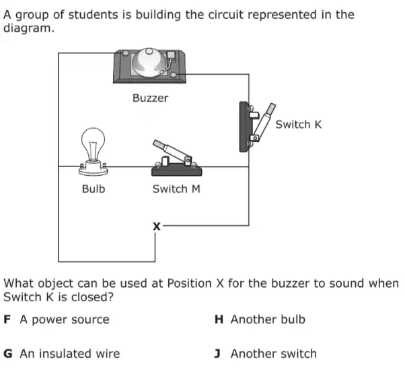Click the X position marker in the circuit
(x=157, y=226)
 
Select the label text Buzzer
(x=150, y=98)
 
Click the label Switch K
(x=299, y=125)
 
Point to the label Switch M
(x=176, y=189)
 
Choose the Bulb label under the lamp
(x=94, y=189)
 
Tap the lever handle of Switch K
(x=264, y=121)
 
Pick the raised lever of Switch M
(x=171, y=151)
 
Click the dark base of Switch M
(x=177, y=171)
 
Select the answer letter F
(x=7, y=319)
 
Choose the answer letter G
(x=8, y=354)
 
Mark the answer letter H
(x=219, y=319)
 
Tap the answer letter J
(x=217, y=354)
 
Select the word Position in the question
(x=189, y=284)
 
